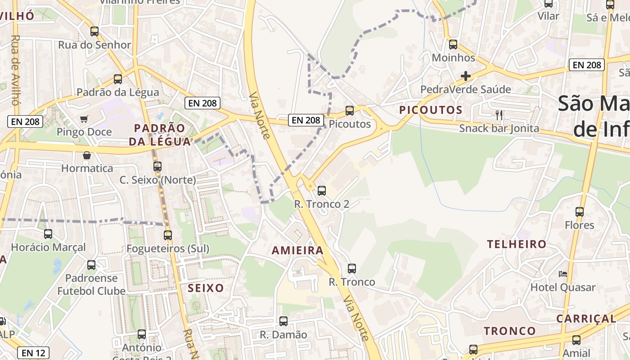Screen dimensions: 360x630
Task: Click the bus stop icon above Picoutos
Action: [349, 110]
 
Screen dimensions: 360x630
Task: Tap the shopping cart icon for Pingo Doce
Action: [84, 119]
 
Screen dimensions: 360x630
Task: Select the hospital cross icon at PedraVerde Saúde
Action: [466, 76]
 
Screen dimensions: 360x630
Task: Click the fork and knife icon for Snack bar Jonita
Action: [499, 115]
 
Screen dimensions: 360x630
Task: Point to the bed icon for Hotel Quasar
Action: [563, 274]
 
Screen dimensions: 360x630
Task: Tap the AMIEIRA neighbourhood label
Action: [297, 251]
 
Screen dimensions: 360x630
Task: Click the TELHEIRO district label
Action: [517, 244]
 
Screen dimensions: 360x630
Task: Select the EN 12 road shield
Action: [34, 353]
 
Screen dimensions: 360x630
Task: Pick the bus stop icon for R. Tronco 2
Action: [322, 190]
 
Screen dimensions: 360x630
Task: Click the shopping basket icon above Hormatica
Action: [87, 155]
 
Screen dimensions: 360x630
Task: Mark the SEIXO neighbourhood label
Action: [206, 288]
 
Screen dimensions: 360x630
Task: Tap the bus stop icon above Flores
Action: [580, 211]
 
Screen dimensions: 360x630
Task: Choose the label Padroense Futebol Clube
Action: [91, 284]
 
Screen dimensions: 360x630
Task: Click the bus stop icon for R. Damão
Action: [283, 321]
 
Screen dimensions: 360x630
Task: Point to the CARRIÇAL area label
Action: [586, 319]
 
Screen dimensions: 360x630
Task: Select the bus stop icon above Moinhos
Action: [453, 45]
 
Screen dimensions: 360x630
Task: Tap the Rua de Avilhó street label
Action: [15, 70]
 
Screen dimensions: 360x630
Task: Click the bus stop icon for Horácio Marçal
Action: [48, 234]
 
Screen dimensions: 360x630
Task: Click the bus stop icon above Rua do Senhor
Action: [94, 31]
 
